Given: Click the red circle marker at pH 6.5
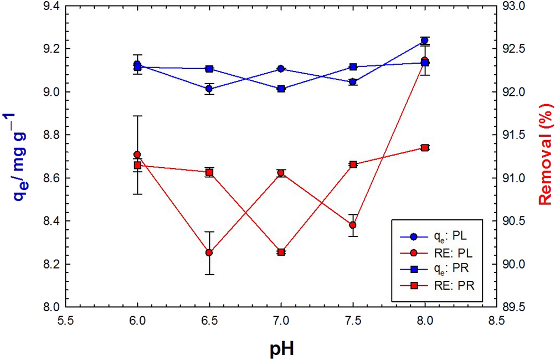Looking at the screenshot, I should (209, 253).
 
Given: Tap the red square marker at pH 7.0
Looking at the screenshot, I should (281, 252).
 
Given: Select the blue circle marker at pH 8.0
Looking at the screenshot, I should (425, 40).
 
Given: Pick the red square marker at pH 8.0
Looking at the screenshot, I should (425, 147).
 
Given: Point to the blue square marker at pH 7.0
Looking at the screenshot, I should (281, 89).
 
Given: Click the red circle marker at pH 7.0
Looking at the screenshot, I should (281, 173).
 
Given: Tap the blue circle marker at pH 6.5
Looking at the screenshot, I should (209, 89).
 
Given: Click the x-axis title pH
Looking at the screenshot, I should (281, 349).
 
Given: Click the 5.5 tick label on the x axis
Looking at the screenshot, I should (65, 320).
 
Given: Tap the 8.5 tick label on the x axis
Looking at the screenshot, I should (496, 320).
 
